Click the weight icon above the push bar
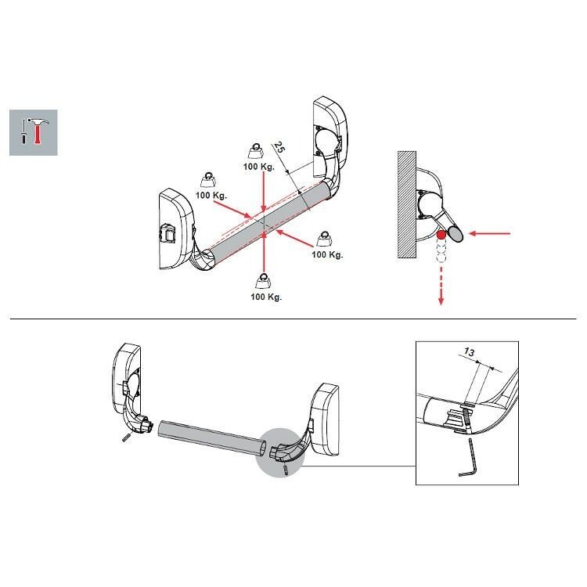(256, 150)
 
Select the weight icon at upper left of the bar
(209, 175)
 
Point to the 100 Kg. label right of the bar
(327, 254)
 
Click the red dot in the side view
(442, 235)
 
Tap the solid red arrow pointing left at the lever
(493, 232)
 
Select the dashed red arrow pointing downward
(442, 282)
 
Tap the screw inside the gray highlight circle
(287, 469)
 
